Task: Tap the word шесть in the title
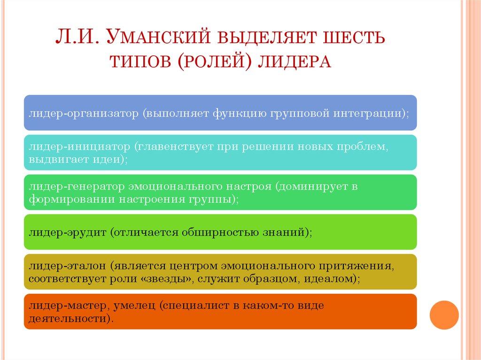pos(346,37)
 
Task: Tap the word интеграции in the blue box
pos(371,113)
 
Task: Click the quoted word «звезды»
pos(165,278)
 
